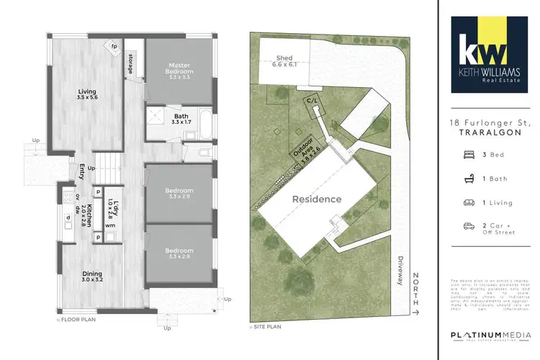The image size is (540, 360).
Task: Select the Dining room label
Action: (x=92, y=274)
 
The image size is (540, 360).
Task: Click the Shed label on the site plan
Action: (x=284, y=60)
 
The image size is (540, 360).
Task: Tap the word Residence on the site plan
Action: (x=316, y=199)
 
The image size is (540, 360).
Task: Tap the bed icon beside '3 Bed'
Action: (x=469, y=154)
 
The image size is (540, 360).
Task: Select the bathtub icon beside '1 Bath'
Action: (x=469, y=178)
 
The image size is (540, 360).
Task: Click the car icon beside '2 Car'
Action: (x=469, y=226)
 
